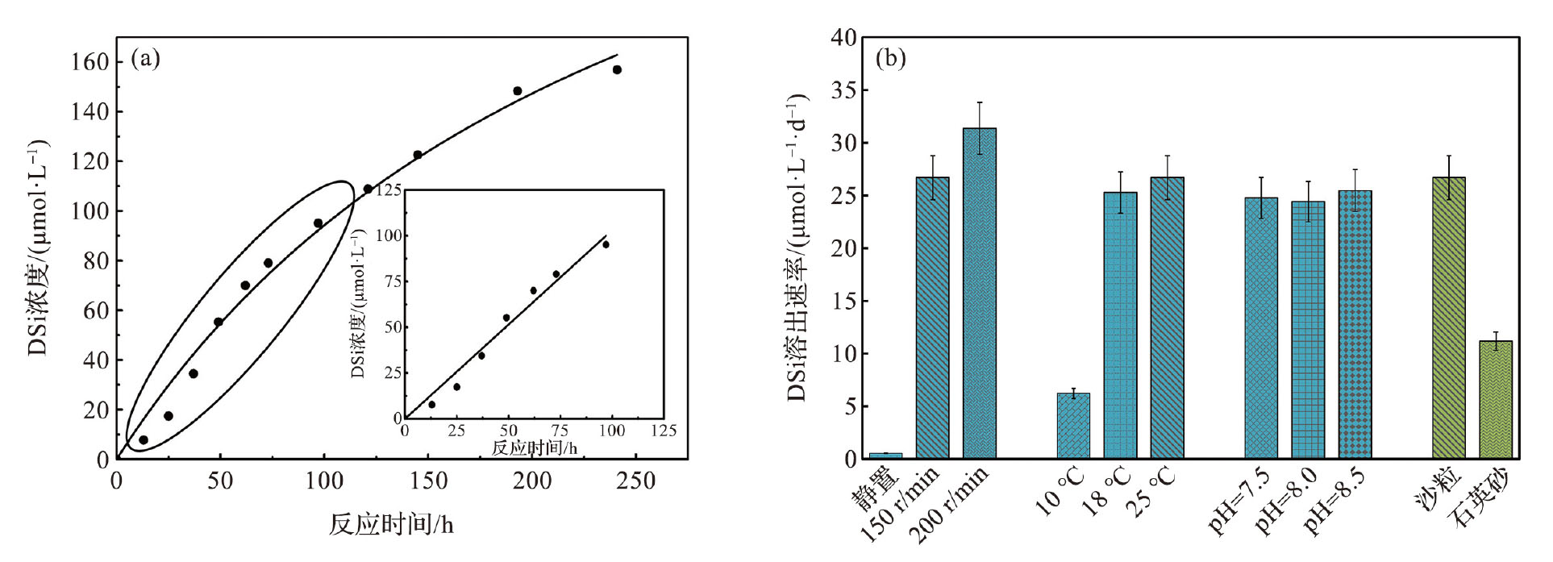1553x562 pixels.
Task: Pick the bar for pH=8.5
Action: point(1355,324)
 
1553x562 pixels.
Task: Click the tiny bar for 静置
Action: point(885,456)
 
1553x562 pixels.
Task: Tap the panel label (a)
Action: point(145,59)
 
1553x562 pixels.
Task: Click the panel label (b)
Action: point(890,59)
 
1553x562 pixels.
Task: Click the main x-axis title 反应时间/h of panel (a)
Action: point(391,525)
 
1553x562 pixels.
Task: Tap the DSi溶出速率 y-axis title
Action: point(797,248)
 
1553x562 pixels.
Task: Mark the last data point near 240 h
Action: point(617,70)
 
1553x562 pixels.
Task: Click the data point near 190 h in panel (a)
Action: point(518,91)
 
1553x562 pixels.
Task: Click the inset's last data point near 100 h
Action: point(606,244)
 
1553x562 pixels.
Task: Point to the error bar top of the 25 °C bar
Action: point(1167,156)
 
